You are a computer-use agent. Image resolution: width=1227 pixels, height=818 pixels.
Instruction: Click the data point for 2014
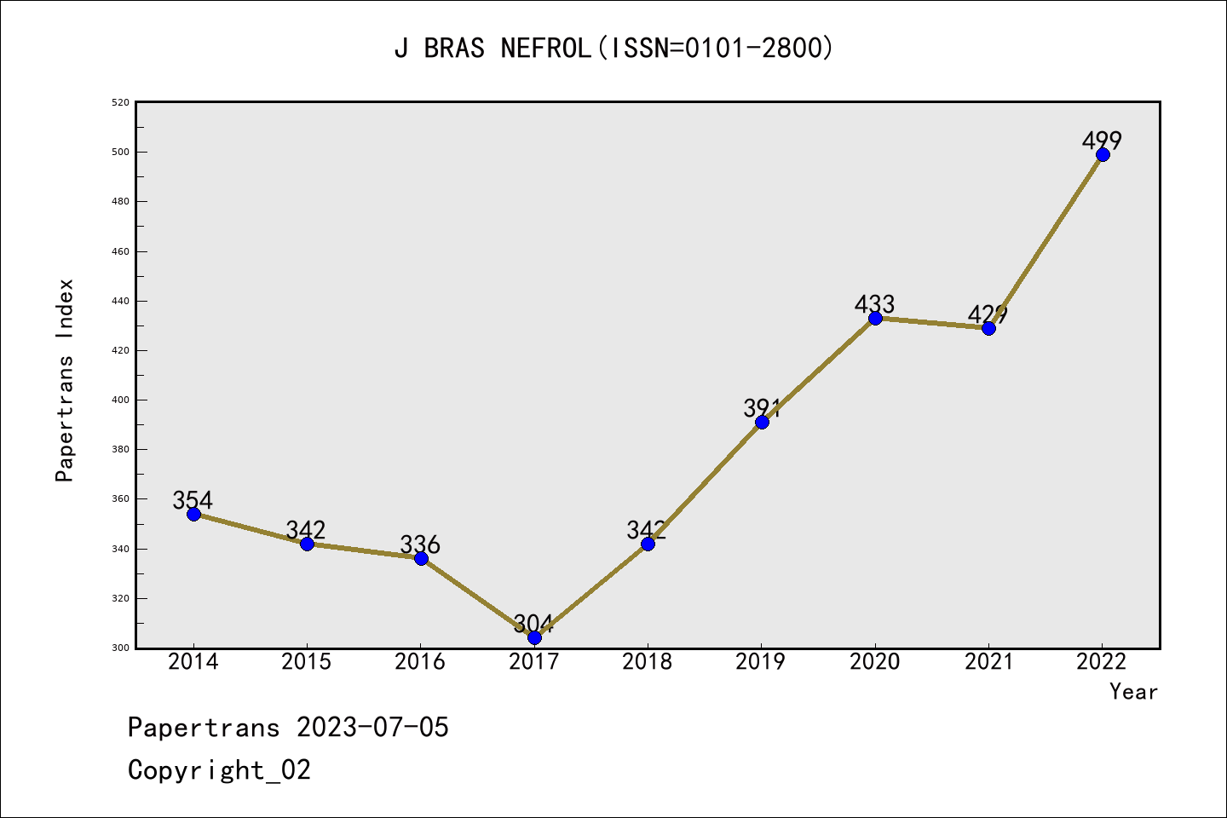(193, 514)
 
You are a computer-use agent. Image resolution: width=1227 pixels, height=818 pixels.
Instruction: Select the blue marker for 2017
(534, 637)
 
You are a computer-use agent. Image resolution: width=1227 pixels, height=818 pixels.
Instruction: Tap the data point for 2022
(1103, 154)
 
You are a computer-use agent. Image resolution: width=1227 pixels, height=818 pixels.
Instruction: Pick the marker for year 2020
(875, 318)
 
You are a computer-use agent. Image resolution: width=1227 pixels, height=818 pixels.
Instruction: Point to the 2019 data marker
(762, 422)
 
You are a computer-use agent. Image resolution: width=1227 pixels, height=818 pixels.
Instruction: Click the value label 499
(1102, 140)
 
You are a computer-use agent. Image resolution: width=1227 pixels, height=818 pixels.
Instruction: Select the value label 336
(420, 544)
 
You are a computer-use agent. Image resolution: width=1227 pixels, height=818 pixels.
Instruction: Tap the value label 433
(874, 303)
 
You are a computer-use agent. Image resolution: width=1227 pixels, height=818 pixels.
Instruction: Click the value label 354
(193, 499)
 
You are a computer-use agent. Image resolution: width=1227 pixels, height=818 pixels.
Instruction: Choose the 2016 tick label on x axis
(420, 662)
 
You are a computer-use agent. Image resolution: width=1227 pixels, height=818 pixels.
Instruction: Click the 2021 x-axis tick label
(988, 662)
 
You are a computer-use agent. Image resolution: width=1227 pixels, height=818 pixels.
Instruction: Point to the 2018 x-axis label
(648, 662)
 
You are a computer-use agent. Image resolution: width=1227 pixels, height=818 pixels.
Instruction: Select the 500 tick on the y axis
(120, 152)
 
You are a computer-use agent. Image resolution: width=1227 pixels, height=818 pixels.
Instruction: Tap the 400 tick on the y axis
(120, 400)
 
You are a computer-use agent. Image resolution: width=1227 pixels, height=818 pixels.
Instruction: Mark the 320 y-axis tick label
(120, 598)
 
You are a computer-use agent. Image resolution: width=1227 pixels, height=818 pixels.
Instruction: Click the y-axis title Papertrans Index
(65, 380)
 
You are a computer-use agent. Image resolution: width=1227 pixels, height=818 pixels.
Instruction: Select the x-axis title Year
(1133, 692)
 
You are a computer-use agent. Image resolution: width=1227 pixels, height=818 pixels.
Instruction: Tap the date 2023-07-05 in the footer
(372, 728)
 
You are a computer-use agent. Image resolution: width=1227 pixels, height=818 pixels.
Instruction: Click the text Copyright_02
(219, 770)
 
